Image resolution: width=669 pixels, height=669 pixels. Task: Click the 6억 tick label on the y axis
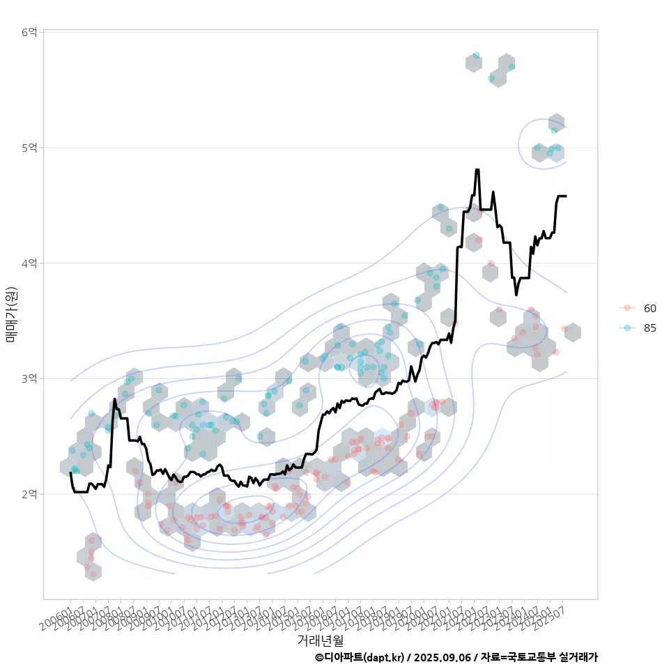29,32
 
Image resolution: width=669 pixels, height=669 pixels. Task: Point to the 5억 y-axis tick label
29,148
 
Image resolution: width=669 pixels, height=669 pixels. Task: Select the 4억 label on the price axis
29,263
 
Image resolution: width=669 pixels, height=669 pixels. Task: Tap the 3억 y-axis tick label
29,378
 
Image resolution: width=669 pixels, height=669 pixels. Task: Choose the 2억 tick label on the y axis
29,494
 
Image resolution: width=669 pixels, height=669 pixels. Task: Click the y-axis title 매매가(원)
11,314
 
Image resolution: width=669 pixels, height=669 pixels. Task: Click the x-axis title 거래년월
320,640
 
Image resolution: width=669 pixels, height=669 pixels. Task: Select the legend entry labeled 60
649,308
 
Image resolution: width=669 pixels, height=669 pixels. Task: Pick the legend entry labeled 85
649,328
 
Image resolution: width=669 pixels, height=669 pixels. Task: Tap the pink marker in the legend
627,308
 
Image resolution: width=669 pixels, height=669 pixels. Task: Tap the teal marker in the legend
627,328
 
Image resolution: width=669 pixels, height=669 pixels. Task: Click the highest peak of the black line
477,170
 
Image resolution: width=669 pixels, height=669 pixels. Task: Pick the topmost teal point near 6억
476,55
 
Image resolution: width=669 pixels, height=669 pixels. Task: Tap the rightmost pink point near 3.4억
564,329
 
